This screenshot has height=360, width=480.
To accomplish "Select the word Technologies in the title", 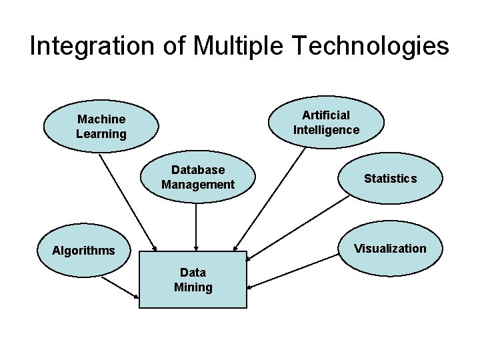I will point(371,46).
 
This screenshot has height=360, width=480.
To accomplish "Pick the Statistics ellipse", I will point(390,178).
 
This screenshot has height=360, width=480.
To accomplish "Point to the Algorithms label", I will point(84,251).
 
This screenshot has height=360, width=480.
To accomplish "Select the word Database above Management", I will point(198,170).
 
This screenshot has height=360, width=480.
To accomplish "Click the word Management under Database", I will point(198,185).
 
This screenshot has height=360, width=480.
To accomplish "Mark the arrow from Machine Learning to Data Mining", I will point(127,200).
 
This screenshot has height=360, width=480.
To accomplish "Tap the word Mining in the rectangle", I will point(193,288).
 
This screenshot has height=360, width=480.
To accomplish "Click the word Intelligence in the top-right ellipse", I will point(326,130).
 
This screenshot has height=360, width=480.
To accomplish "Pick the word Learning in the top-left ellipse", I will point(101,134).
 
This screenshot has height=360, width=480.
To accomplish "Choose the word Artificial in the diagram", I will point(326,115).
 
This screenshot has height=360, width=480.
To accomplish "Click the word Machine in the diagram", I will point(101,119).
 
